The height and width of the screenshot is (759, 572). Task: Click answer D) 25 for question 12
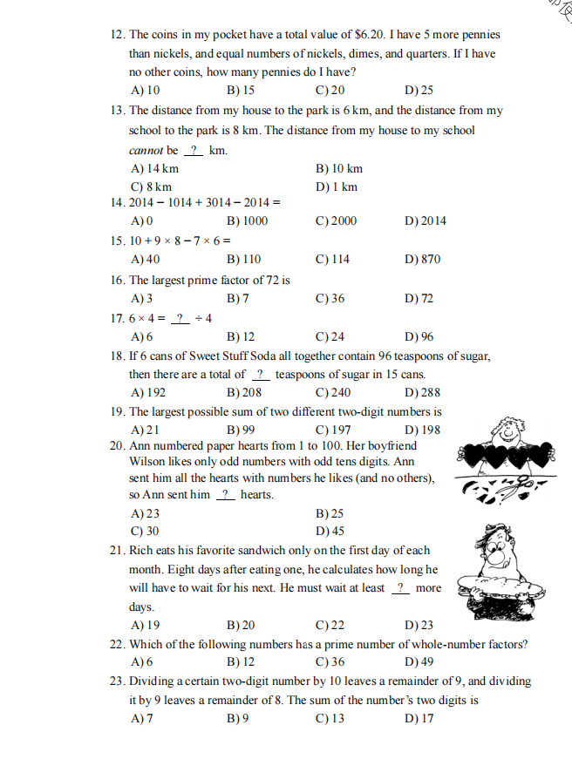point(419,90)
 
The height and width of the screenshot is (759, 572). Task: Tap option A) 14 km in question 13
point(153,168)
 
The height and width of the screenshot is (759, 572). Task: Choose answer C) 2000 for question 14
point(336,220)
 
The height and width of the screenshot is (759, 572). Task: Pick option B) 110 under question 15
point(243,259)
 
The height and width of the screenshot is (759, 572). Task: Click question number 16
point(118,280)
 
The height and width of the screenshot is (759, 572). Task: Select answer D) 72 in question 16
point(419,299)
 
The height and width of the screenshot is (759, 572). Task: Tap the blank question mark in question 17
point(180,318)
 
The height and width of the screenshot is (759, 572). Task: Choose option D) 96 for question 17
point(419,336)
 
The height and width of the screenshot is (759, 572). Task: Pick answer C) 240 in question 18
point(334,392)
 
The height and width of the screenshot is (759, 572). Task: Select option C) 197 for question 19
point(333,430)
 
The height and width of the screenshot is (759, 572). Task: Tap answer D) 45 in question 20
point(330,531)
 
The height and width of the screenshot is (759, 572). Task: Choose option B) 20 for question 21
point(241,624)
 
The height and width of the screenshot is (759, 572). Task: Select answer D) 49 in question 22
point(419,661)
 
